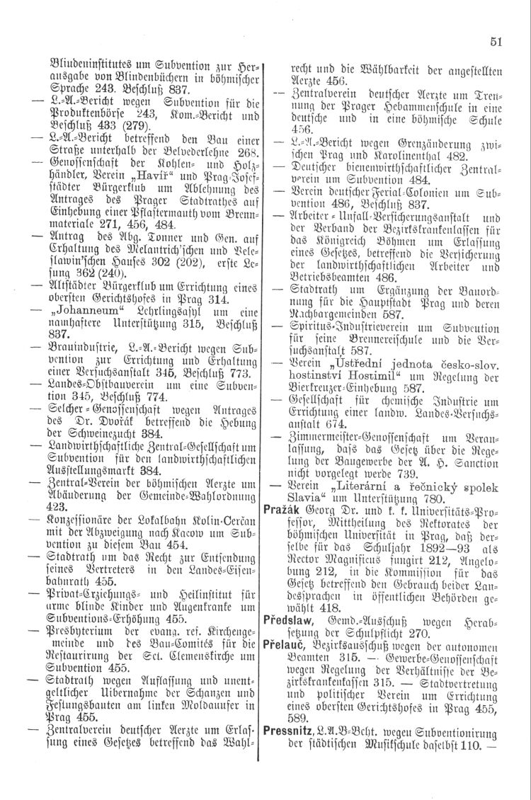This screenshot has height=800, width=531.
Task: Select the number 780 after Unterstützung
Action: pos(418,553)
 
